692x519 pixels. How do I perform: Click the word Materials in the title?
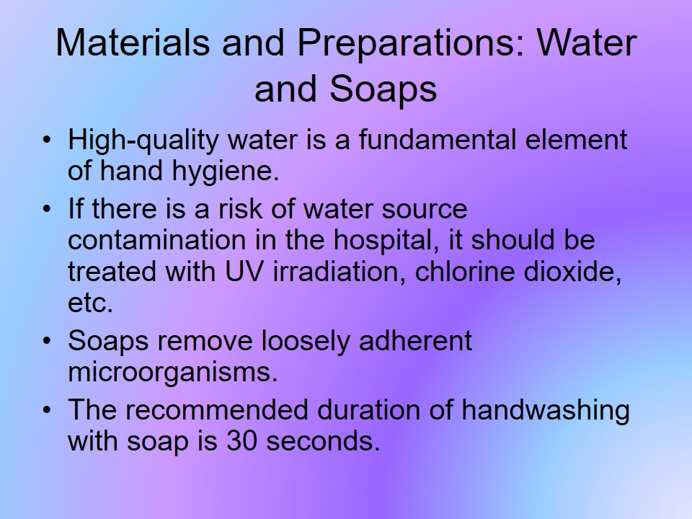(133, 43)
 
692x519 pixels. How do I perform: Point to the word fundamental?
(437, 140)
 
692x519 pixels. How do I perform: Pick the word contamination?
(156, 241)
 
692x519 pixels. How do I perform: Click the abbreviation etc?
(90, 303)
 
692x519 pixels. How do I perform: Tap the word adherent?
(415, 341)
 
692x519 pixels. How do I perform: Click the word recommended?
(216, 409)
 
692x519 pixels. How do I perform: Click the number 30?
(242, 441)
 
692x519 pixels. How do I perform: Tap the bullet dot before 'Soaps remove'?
(47, 341)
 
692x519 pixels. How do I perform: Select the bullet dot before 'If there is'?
(47, 208)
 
